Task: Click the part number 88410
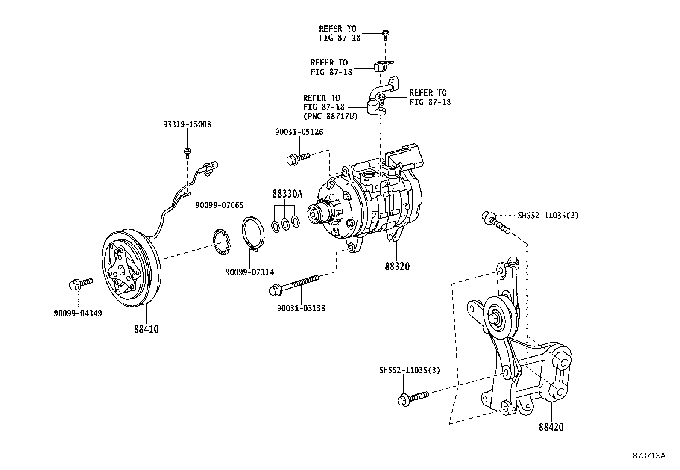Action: pos(146,329)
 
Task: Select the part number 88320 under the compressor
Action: pos(397,266)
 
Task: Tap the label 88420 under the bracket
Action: pos(551,427)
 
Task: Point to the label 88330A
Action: pos(287,194)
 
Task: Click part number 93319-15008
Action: pos(187,124)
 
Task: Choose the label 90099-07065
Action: pos(220,205)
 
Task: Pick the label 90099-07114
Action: pos(250,272)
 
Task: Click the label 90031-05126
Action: pos(299,132)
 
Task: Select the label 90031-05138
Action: pos(301,308)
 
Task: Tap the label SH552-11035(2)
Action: pos(548,216)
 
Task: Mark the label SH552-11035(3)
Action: pos(409,370)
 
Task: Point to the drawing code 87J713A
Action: pos(649,456)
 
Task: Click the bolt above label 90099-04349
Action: pos(80,283)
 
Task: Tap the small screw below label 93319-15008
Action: pos(187,151)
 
